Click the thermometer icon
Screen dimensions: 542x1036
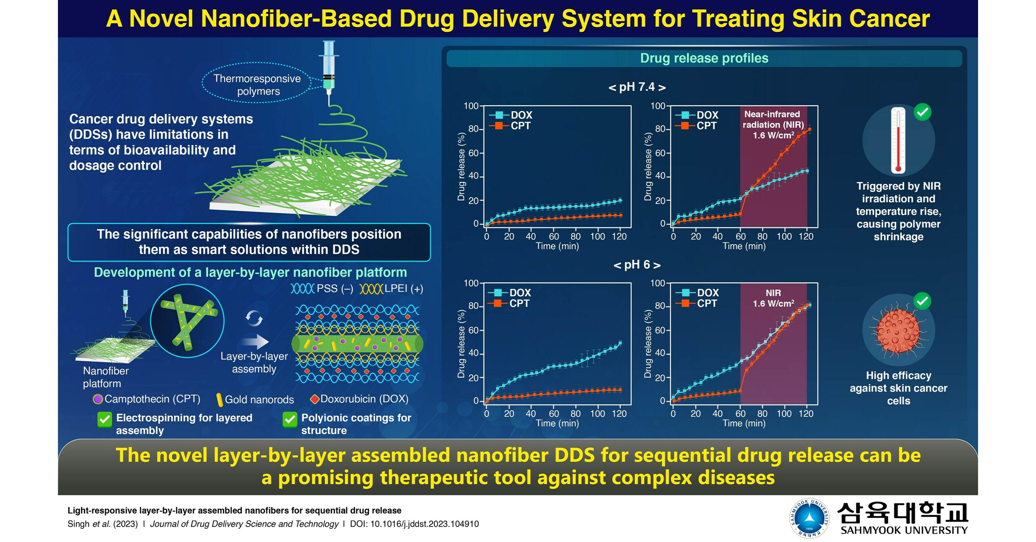(x=897, y=141)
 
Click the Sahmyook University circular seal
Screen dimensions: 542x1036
(x=809, y=518)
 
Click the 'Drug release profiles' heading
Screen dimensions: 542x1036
(x=704, y=58)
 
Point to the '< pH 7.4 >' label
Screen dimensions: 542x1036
(x=637, y=87)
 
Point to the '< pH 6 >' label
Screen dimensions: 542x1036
(x=637, y=265)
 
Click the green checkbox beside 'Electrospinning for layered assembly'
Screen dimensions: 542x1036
(x=105, y=419)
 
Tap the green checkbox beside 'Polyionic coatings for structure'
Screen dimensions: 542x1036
(x=290, y=419)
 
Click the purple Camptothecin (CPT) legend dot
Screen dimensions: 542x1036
(x=97, y=399)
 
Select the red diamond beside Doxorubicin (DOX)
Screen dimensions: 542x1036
(x=315, y=399)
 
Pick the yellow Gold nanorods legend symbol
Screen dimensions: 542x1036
(x=219, y=399)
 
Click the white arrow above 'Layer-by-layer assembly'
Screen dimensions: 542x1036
(x=255, y=342)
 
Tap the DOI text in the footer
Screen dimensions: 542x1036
(x=414, y=524)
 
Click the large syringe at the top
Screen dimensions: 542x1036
(x=328, y=68)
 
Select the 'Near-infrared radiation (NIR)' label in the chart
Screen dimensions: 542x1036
(x=772, y=119)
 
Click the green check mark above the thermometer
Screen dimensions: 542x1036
(x=922, y=112)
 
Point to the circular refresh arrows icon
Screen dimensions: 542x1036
(x=254, y=318)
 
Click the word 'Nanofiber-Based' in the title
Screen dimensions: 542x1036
(x=261, y=18)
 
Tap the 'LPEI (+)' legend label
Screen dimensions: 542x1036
(x=403, y=289)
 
